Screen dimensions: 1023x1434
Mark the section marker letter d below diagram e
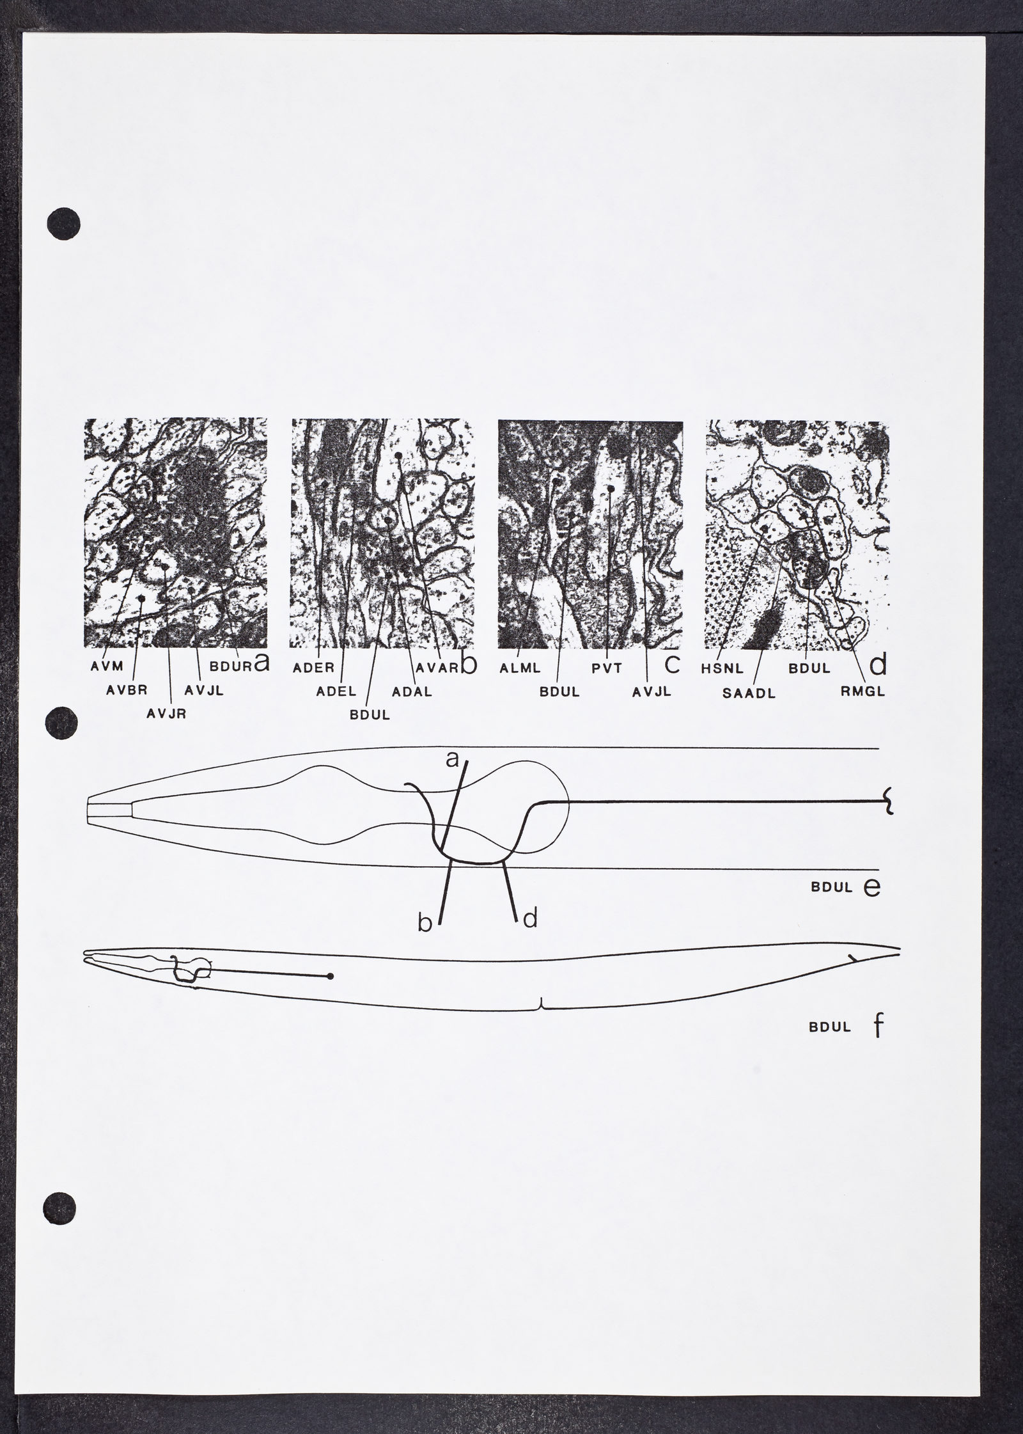[530, 918]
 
